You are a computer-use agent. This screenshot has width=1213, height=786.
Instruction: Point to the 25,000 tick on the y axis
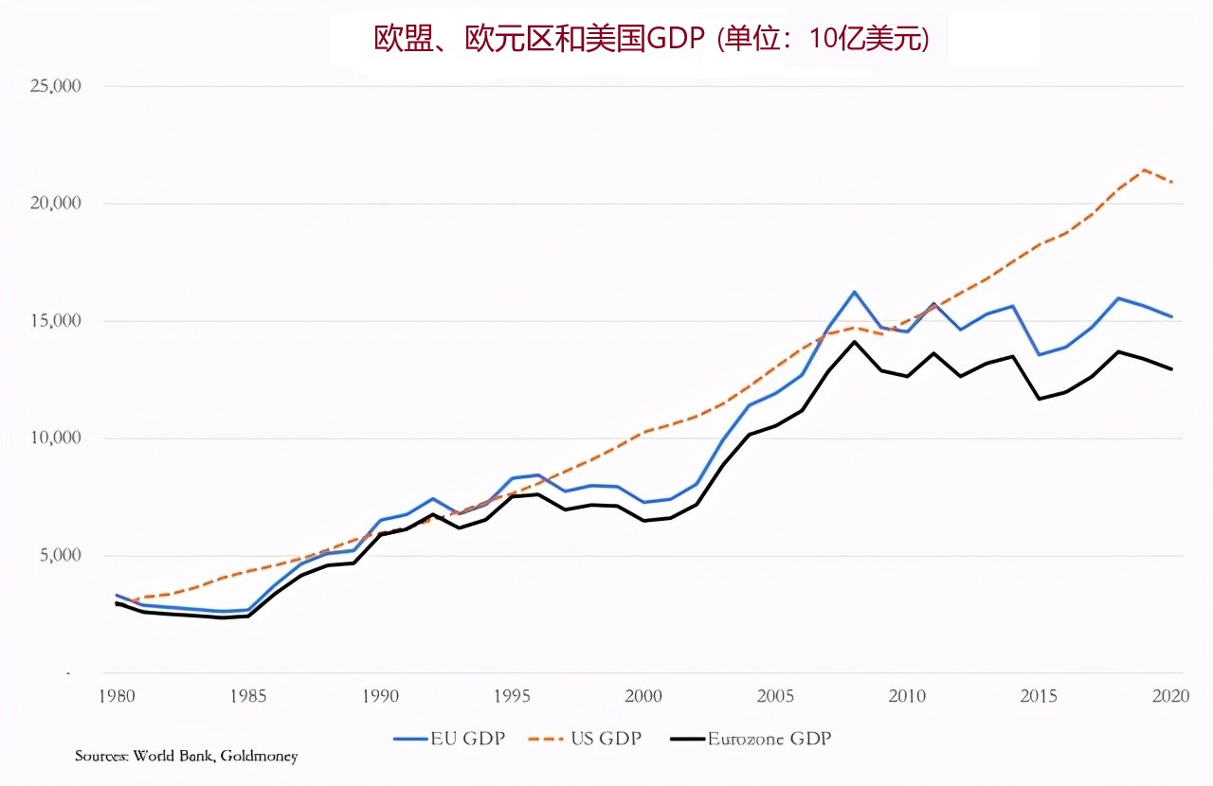tap(55, 86)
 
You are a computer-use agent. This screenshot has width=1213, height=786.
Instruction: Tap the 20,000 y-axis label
tap(55, 204)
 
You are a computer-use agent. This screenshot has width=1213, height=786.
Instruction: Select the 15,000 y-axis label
tap(55, 321)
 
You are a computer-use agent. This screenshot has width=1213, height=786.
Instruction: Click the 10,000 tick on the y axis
tap(55, 438)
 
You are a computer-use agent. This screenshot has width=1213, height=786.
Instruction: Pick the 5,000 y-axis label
tap(59, 556)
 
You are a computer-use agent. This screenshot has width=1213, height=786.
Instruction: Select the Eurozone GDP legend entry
tap(751, 738)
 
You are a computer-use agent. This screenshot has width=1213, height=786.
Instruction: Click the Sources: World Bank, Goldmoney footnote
tap(187, 756)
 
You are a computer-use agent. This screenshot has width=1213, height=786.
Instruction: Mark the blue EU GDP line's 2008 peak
tap(855, 292)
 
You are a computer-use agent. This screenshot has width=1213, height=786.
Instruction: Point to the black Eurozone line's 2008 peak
tap(855, 342)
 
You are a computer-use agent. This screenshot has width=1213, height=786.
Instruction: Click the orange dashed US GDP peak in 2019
tap(1145, 170)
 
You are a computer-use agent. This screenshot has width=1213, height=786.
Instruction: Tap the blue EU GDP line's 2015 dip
tap(1040, 354)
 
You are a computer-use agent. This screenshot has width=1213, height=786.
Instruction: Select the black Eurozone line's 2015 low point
tap(1040, 399)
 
